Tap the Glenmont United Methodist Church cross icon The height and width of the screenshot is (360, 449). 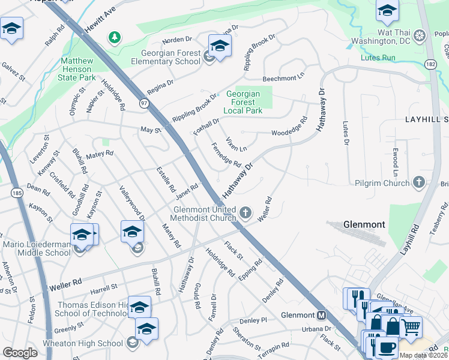click(x=245, y=212)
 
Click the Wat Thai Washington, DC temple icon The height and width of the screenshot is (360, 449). click(x=419, y=35)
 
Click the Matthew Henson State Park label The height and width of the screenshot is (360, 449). click(x=77, y=69)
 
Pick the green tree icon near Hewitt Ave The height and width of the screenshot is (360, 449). click(x=113, y=38)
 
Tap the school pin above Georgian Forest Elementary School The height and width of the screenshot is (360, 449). click(x=220, y=46)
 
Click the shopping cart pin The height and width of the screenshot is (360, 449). click(x=410, y=328)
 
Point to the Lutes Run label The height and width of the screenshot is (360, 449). click(x=378, y=58)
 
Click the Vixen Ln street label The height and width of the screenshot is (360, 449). click(x=235, y=144)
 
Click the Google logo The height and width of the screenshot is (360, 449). click(x=20, y=353)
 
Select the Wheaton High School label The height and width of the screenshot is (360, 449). click(x=83, y=343)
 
